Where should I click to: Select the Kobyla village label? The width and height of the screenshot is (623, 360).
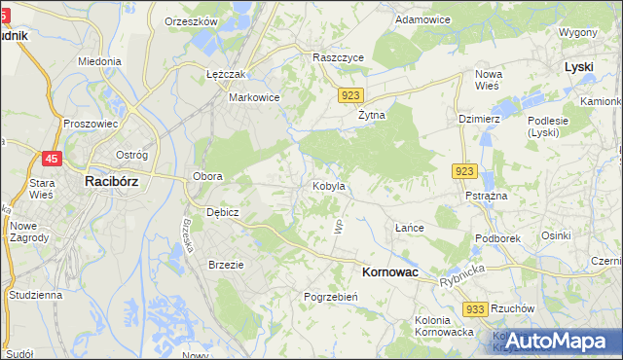coord(328,185)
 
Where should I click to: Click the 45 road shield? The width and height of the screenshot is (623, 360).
coord(53,160)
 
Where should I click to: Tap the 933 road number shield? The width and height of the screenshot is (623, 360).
coord(475,308)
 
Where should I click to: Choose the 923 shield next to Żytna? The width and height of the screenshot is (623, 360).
coord(352,94)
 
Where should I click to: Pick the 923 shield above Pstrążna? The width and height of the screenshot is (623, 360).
coord(464,171)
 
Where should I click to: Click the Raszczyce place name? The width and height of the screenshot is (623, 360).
coord(338,58)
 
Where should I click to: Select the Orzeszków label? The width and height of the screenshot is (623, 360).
coord(191,20)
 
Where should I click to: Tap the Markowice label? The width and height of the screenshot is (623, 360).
coord(254,97)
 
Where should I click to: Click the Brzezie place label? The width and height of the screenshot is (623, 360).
coord(226,264)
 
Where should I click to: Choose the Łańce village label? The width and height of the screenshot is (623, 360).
coord(409,228)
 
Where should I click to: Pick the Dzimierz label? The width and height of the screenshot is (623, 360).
coord(479,119)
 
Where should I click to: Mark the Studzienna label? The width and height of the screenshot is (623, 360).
coord(35,294)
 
